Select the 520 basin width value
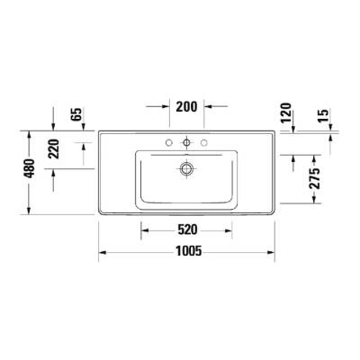click(186, 229)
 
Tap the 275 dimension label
click(312, 178)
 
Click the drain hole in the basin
click(187, 167)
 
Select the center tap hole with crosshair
click(187, 142)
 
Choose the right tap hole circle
click(204, 142)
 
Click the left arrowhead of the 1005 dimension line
click(102, 252)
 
